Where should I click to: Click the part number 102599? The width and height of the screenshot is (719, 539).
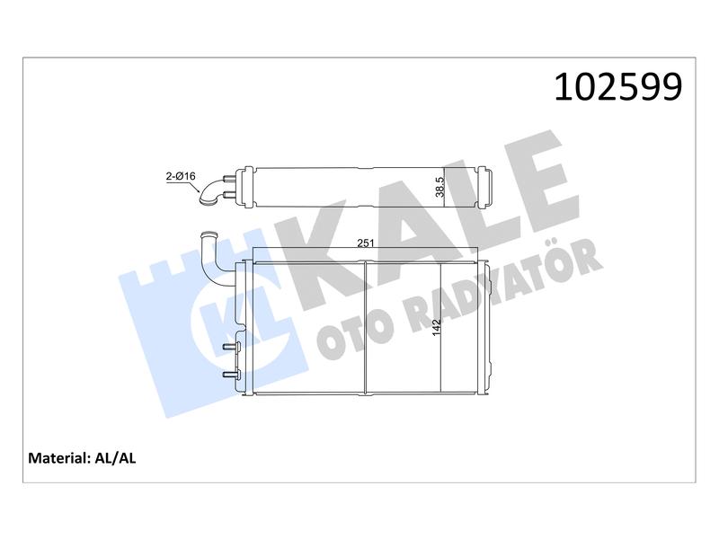618,86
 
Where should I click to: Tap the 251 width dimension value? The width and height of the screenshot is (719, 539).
366,243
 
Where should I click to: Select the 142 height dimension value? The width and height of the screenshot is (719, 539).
436,327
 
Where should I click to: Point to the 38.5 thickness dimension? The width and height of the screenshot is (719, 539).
439,187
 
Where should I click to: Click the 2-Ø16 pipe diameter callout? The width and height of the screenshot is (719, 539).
181,176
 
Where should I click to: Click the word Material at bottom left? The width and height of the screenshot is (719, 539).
58,458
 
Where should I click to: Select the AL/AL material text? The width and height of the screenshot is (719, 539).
115,458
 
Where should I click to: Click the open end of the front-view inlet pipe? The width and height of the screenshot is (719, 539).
208,235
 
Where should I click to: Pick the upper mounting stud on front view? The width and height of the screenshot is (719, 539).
231,347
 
